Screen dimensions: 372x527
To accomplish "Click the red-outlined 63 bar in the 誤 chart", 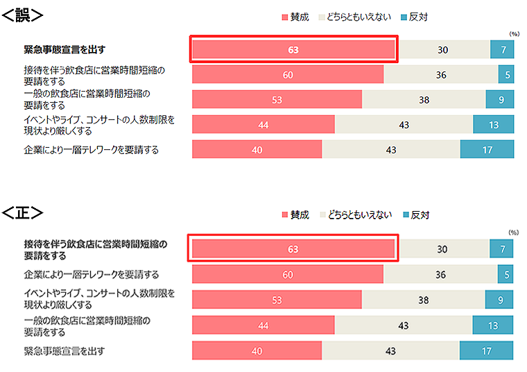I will (293, 49).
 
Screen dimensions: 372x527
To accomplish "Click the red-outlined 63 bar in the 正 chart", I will (293, 249).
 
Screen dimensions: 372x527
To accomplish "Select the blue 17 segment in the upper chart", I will (487, 149).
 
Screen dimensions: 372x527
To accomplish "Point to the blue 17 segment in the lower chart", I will (487, 351).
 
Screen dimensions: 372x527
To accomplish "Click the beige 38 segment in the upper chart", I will (424, 99).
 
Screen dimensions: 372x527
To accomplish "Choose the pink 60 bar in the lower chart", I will (287, 274).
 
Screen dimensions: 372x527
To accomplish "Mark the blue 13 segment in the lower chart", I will (493, 325).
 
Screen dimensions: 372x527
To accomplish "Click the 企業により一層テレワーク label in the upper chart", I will (91, 149).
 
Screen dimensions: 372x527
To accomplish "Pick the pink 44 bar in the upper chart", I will (263, 124).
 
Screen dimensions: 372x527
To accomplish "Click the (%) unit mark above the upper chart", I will (514, 33).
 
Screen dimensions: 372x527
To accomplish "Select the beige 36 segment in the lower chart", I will (440, 274).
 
